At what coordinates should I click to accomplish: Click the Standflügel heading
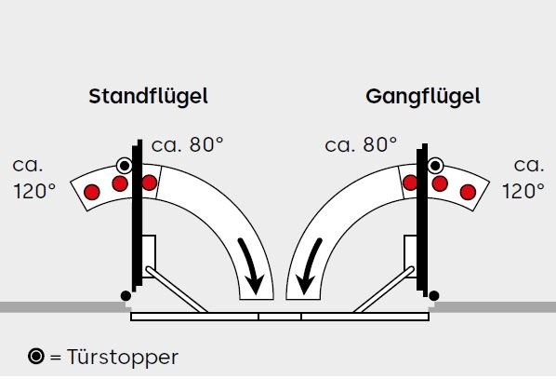pyautogui.click(x=148, y=97)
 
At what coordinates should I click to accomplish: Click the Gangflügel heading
pyautogui.click(x=423, y=97)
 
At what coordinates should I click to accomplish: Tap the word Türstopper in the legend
pyautogui.click(x=123, y=358)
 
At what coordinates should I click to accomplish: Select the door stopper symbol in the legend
pyautogui.click(x=36, y=356)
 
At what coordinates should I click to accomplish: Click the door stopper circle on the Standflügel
pyautogui.click(x=125, y=165)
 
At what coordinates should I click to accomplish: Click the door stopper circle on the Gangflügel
pyautogui.click(x=435, y=166)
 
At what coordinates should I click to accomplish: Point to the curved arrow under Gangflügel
pyautogui.click(x=309, y=265)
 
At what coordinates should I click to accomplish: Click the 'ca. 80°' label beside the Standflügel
pyautogui.click(x=187, y=145)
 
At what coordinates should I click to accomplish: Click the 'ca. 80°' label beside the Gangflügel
pyautogui.click(x=361, y=145)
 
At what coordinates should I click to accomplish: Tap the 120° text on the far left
pyautogui.click(x=34, y=192)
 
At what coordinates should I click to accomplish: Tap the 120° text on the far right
pyautogui.click(x=523, y=192)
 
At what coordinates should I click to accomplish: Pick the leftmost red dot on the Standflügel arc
pyautogui.click(x=92, y=192)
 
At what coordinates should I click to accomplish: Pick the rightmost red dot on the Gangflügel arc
pyautogui.click(x=468, y=192)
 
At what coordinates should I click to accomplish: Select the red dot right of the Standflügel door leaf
pyautogui.click(x=150, y=183)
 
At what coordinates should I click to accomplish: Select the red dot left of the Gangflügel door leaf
pyautogui.click(x=410, y=183)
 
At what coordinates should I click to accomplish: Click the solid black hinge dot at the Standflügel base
pyautogui.click(x=126, y=295)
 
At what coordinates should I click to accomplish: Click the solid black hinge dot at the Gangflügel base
pyautogui.click(x=434, y=295)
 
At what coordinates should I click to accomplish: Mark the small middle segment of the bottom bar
pyautogui.click(x=280, y=317)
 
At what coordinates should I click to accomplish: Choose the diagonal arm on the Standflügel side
pyautogui.click(x=177, y=290)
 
